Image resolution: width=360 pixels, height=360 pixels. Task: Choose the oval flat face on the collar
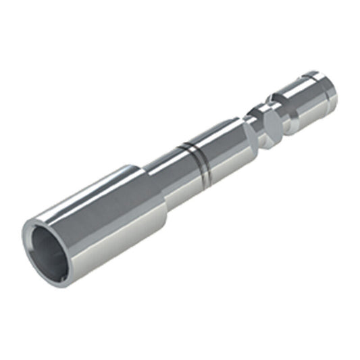coord(270,125)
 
